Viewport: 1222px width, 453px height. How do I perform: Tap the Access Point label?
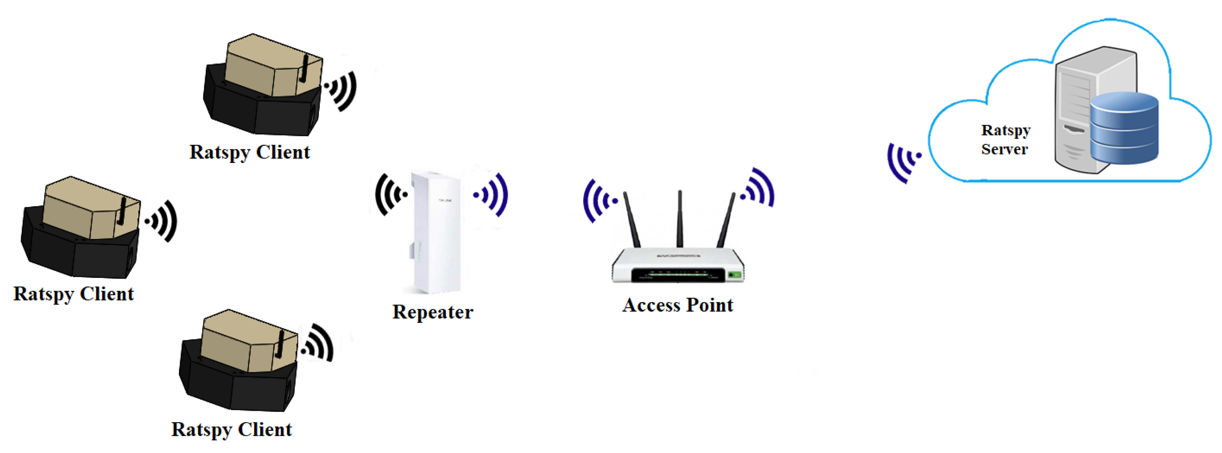click(677, 305)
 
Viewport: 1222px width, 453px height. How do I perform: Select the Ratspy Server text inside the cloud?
click(1005, 139)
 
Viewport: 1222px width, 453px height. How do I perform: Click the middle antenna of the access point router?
click(680, 218)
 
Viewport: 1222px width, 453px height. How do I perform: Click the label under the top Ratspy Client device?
click(249, 152)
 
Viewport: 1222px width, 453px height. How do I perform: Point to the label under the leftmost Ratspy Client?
click(73, 294)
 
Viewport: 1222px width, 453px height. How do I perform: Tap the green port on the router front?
click(734, 275)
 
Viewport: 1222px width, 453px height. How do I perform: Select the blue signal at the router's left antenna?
click(599, 201)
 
